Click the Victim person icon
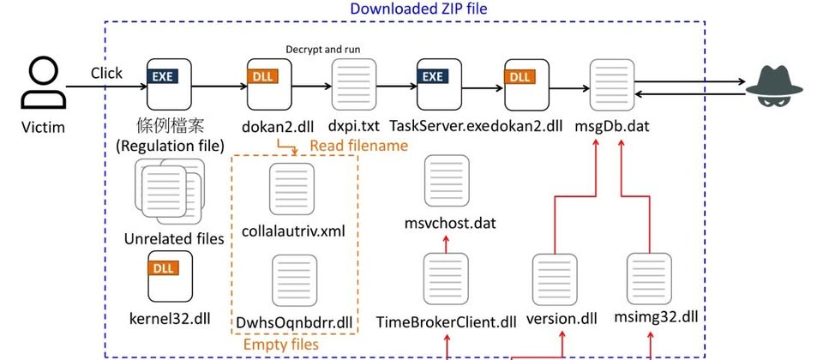[x=44, y=83]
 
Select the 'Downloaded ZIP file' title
[x=418, y=9]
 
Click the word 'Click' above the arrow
[x=106, y=73]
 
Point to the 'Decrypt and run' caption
[x=323, y=50]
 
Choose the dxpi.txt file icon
[x=354, y=83]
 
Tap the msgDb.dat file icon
[x=612, y=84]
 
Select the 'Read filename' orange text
[x=358, y=146]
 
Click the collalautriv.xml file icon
[x=291, y=188]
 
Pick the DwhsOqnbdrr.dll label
[x=293, y=321]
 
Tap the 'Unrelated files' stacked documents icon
[x=169, y=191]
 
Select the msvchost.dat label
[x=450, y=224]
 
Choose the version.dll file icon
[x=555, y=279]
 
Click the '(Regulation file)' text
[x=170, y=146]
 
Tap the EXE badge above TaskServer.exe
[x=432, y=76]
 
